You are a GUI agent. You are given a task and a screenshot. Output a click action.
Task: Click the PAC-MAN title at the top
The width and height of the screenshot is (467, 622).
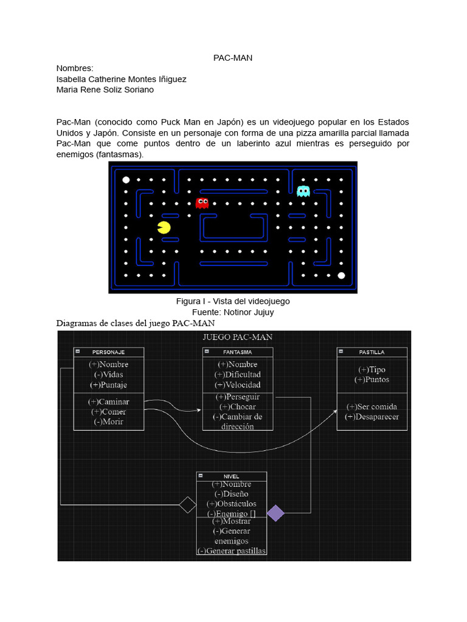233,58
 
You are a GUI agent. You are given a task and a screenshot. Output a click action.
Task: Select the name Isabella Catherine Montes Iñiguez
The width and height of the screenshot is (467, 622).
121,79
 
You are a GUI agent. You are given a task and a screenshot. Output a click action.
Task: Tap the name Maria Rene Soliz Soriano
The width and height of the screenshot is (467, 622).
105,90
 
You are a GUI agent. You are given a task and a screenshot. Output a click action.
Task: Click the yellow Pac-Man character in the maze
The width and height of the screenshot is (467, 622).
164,228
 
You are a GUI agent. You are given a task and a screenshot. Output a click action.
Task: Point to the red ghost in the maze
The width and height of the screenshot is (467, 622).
202,203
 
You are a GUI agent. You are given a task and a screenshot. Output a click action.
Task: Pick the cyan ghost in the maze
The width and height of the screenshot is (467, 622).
303,191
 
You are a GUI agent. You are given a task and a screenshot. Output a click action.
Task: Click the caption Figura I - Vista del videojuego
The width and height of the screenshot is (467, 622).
233,301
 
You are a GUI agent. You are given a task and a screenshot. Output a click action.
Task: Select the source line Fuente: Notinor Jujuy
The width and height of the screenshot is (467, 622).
233,312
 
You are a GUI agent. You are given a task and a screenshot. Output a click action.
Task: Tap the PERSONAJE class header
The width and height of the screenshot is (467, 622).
109,352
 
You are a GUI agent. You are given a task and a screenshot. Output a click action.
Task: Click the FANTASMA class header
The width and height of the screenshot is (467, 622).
237,352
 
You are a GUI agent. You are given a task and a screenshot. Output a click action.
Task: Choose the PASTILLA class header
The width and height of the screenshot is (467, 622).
372,352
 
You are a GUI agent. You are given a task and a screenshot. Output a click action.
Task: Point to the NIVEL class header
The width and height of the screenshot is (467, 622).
231,476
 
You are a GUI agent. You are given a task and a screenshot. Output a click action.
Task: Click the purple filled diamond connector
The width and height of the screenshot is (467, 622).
275,513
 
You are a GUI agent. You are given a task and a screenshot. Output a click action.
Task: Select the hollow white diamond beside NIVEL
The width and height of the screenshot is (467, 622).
187,505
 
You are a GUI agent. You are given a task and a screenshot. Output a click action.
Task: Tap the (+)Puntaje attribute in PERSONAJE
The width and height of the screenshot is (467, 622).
109,385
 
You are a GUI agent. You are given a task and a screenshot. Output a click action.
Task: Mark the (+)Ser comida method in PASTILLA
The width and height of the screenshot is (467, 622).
372,406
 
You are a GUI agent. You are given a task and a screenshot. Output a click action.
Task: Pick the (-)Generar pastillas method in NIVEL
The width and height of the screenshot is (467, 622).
231,551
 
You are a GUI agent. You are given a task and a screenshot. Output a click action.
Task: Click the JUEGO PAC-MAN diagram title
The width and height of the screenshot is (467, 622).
237,337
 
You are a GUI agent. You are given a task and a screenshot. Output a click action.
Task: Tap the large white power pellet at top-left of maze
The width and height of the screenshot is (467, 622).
126,180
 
